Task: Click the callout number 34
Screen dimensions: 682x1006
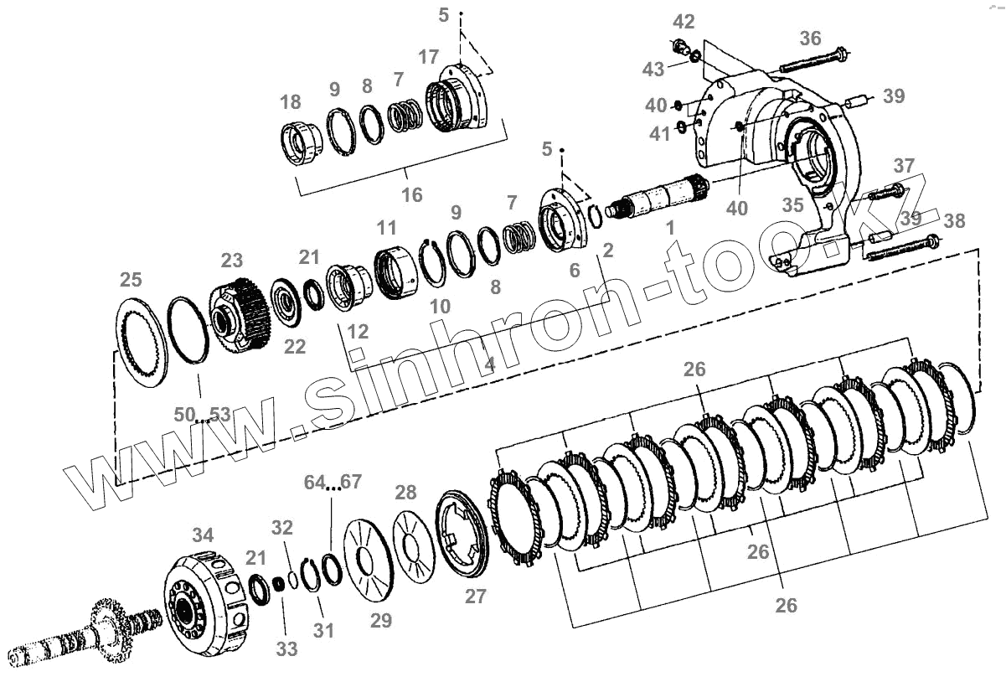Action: click(x=202, y=535)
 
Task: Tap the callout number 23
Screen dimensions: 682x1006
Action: click(x=231, y=259)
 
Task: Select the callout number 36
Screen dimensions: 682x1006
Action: click(x=810, y=39)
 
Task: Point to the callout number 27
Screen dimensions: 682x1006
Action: click(x=476, y=596)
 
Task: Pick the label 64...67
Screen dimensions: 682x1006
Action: click(x=333, y=482)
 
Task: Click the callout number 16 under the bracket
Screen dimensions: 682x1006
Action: click(x=411, y=194)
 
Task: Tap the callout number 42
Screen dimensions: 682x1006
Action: click(x=684, y=21)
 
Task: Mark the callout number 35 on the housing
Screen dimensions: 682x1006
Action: click(x=793, y=204)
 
